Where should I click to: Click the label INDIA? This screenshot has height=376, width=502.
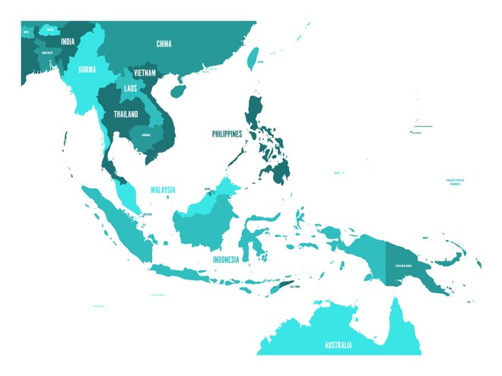point(68,41)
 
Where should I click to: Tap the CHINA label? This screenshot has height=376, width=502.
point(164,44)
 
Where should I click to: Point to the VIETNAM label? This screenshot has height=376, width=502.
point(145,73)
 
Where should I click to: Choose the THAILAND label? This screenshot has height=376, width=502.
point(126,115)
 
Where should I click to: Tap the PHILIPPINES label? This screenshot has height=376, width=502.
point(227,134)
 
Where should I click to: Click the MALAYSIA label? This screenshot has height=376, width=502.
point(163,188)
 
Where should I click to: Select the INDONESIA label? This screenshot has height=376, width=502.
point(226,259)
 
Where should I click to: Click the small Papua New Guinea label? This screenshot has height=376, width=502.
point(403,265)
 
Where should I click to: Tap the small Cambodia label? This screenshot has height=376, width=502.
point(146,135)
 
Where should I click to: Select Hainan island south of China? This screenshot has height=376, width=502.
point(179,90)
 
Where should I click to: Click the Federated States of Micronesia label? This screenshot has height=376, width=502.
point(455,182)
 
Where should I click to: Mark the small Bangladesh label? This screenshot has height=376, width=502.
point(46,52)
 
